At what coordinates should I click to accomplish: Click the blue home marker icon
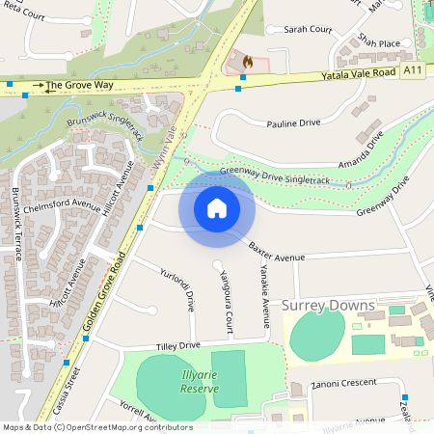[217, 208]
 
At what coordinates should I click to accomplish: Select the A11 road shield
[413, 70]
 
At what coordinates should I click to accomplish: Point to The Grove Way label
[79, 85]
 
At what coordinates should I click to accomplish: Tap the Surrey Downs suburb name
[328, 306]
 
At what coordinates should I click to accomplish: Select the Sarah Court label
[307, 30]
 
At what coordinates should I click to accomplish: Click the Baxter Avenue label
[276, 255]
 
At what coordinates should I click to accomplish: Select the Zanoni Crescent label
[344, 383]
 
